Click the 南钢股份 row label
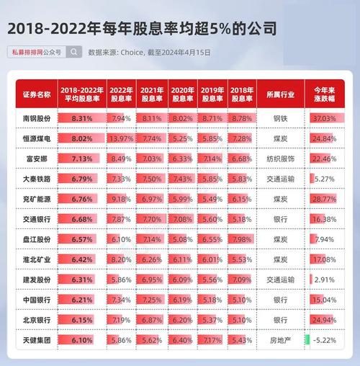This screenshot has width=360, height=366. point(37,118)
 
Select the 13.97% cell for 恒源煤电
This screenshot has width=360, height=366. point(122,138)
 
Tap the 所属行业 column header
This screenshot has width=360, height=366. point(280,94)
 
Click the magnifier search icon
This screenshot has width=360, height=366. point(74,52)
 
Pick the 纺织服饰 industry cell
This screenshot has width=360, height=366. point(280,159)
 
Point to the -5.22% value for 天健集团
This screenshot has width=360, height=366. point(325,340)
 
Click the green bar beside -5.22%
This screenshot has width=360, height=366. point(307,339)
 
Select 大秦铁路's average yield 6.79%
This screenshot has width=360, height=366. point(82,179)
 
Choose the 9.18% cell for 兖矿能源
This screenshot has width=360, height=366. point(122,199)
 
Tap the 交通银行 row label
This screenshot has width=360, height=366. point(37,219)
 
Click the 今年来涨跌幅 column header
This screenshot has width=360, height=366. point(325,94)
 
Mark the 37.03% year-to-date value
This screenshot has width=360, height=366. point(325,118)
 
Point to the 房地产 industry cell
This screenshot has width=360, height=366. point(280,340)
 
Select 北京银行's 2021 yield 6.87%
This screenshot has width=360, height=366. point(152,320)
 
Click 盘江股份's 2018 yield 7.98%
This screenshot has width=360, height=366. point(242,239)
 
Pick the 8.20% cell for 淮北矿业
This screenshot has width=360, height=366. point(122,259)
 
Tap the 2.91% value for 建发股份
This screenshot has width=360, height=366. point(325,280)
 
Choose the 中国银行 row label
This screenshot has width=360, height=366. point(37,300)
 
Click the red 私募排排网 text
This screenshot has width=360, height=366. point(27,52)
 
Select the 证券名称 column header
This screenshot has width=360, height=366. point(37,94)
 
